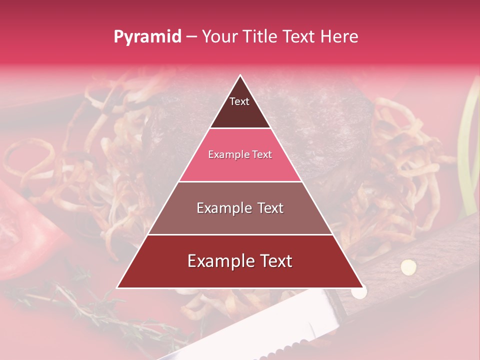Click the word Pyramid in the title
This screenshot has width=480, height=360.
pyautogui.click(x=147, y=37)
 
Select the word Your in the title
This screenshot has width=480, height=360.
pyautogui.click(x=219, y=36)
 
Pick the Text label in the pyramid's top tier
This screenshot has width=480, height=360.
pyautogui.click(x=239, y=101)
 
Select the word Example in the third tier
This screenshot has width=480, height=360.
pyautogui.click(x=222, y=208)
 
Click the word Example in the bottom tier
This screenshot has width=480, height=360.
pyautogui.click(x=218, y=261)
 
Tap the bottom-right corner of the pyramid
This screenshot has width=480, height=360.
pyautogui.click(x=362, y=287)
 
